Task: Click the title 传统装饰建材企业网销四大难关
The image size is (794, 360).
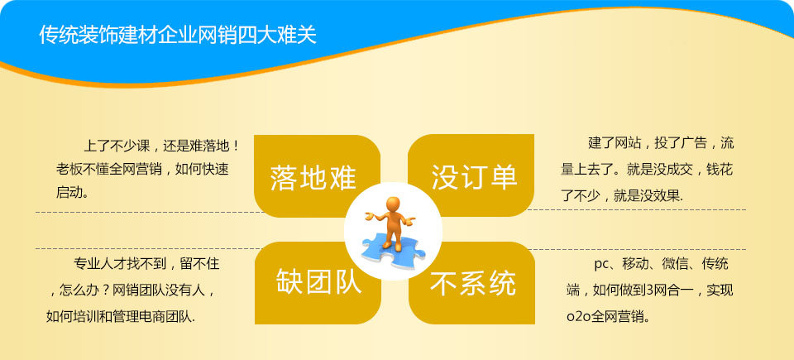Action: point(178,35)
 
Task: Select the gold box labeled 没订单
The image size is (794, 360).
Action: point(471,175)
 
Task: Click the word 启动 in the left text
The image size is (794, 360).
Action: point(69,192)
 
